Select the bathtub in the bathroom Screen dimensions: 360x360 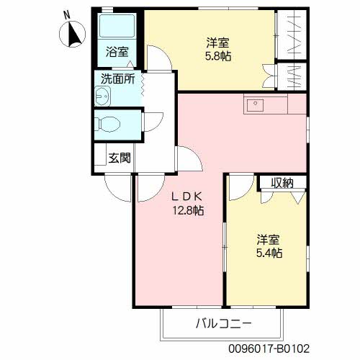[x=115, y=27]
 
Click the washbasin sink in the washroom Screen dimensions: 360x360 [x=101, y=94]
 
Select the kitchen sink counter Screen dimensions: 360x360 [x=264, y=104]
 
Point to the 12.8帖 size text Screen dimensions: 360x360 [x=186, y=210]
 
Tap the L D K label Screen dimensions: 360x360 [x=186, y=196]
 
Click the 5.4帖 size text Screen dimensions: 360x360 [x=269, y=253]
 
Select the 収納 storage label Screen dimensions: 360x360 [x=282, y=182]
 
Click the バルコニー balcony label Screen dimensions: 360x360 [x=224, y=323]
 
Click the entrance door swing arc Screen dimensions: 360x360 [x=116, y=189]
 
